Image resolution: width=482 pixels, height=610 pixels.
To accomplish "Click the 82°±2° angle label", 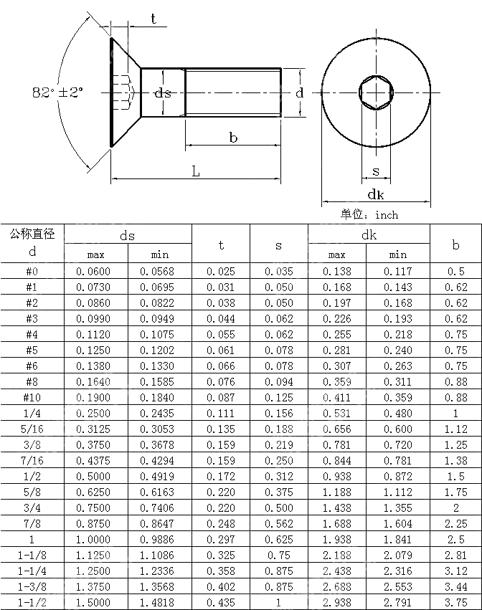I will tap(57, 93).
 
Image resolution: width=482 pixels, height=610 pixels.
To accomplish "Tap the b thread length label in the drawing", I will tap(233, 138).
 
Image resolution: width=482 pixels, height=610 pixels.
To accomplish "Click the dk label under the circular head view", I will tap(375, 194).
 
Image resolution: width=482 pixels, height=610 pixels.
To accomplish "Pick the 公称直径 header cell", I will tap(32, 234).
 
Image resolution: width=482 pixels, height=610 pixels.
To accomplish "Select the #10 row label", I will tap(32, 397).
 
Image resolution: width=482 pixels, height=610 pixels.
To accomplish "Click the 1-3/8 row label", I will tap(32, 586).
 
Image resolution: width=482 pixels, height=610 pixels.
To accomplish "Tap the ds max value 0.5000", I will tap(95, 476).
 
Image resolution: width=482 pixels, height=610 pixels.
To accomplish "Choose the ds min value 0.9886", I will tap(159, 539).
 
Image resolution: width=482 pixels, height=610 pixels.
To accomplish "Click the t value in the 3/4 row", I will tap(220, 507).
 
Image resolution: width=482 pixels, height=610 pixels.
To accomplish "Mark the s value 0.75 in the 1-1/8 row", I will tap(278, 555).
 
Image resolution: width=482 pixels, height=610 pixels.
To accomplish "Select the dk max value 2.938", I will tap(337, 602).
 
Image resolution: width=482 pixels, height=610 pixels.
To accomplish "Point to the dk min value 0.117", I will tap(397, 271).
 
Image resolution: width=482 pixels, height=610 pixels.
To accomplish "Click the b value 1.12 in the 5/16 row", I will tap(455, 429).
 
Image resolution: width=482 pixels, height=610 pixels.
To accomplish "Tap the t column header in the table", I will tap(220, 244).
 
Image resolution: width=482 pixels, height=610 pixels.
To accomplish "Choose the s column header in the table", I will tap(278, 244).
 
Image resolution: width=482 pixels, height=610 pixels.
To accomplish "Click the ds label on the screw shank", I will tap(164, 93).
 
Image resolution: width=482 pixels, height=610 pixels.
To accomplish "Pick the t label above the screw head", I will tap(153, 19).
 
